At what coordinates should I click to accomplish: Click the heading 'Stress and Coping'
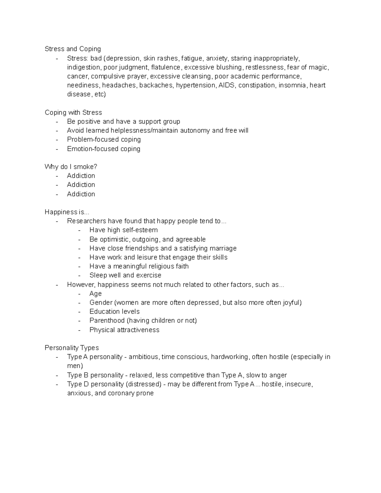(x=73, y=49)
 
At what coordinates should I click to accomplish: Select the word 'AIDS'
(x=227, y=85)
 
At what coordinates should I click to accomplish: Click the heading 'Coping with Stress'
(x=73, y=112)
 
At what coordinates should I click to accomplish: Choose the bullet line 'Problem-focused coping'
(x=104, y=139)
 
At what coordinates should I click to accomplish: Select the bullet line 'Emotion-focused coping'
(x=104, y=149)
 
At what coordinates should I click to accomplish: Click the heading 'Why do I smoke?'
(x=71, y=167)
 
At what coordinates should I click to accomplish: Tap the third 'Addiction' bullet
(x=81, y=194)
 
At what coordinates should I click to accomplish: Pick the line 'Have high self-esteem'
(x=124, y=230)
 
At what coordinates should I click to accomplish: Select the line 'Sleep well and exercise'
(x=125, y=275)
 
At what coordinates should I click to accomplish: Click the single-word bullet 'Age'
(x=96, y=294)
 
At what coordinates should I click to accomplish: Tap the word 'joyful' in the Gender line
(x=291, y=303)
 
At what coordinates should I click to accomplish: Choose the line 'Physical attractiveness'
(x=124, y=330)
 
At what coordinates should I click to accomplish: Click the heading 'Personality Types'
(x=72, y=348)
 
